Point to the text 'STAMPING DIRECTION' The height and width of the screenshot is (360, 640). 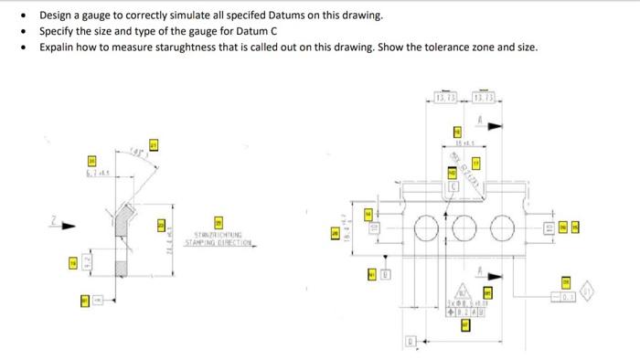218,243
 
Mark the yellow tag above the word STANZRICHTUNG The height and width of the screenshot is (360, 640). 219,222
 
